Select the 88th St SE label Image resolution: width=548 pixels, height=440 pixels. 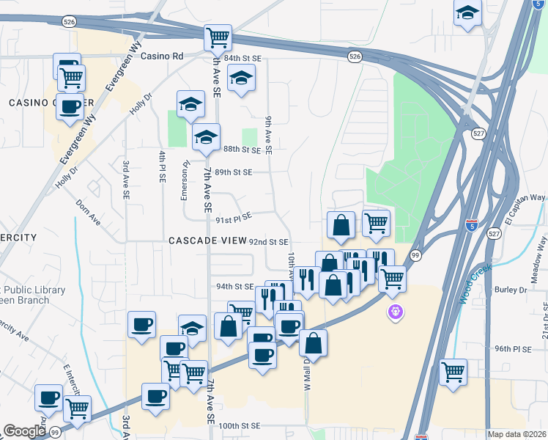tap(242, 150)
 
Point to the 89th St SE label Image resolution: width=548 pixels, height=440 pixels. tap(233, 172)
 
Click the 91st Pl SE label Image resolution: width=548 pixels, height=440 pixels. tap(233, 216)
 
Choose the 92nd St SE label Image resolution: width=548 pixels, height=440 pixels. tap(269, 241)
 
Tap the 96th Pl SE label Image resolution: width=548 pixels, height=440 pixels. tap(512, 349)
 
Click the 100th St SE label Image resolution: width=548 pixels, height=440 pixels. tap(240, 425)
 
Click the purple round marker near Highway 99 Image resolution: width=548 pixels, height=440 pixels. tap(396, 312)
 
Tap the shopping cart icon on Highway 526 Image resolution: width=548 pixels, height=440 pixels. tap(218, 37)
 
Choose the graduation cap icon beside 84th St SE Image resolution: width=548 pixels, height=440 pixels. tap(240, 78)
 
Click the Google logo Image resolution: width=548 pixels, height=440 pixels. tap(24, 431)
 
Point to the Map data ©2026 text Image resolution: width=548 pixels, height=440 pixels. tap(516, 434)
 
